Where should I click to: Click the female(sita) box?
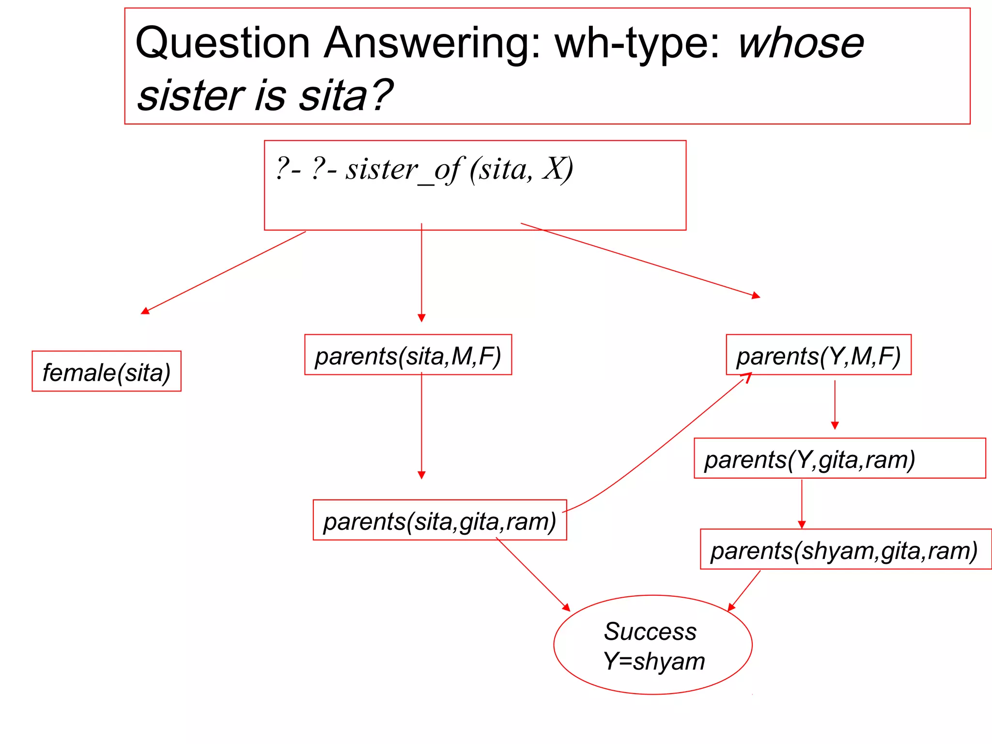coord(107,372)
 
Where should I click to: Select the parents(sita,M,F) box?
coord(408,355)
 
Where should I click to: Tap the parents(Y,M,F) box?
coord(819,355)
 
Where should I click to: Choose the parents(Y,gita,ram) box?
coord(839,459)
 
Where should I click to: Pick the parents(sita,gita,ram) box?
coord(440,520)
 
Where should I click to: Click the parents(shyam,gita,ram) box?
coord(846,549)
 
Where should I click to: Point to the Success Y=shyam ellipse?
coord(653,645)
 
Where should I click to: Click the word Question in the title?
coord(222,44)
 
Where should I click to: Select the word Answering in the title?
coord(431,44)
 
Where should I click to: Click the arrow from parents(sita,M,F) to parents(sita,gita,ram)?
coord(421,426)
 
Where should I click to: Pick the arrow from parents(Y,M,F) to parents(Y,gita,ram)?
coord(835,405)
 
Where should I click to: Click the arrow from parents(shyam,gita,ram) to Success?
coord(744,591)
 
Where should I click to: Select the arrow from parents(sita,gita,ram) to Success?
coord(533,575)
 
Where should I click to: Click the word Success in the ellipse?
coord(650,631)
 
